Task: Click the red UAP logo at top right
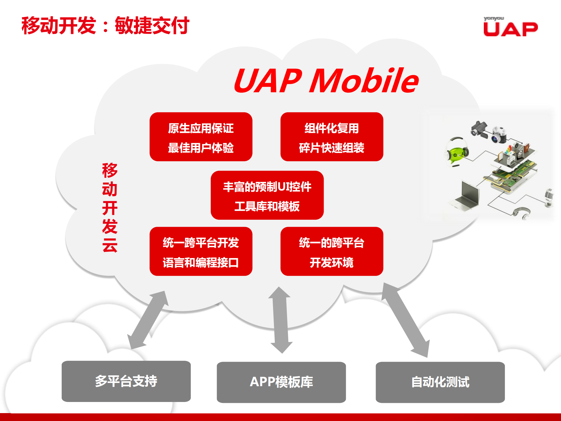[x=510, y=29]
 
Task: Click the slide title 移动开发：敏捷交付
[x=105, y=26]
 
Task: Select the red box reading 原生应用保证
[x=201, y=137]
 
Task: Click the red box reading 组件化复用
[x=332, y=137]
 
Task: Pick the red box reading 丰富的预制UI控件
[x=267, y=195]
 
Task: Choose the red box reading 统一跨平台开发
[x=201, y=251]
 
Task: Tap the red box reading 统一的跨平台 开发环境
[x=332, y=251]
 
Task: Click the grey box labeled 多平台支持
[x=126, y=381]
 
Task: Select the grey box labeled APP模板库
[x=281, y=382]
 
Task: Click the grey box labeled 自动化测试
[x=440, y=382]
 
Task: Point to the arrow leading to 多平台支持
[x=148, y=320]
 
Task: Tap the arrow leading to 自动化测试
[x=406, y=320]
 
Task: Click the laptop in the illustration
[x=467, y=195]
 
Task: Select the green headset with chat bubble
[x=457, y=152]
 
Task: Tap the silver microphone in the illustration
[x=549, y=197]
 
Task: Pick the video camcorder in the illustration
[x=479, y=130]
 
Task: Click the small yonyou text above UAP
[x=494, y=18]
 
